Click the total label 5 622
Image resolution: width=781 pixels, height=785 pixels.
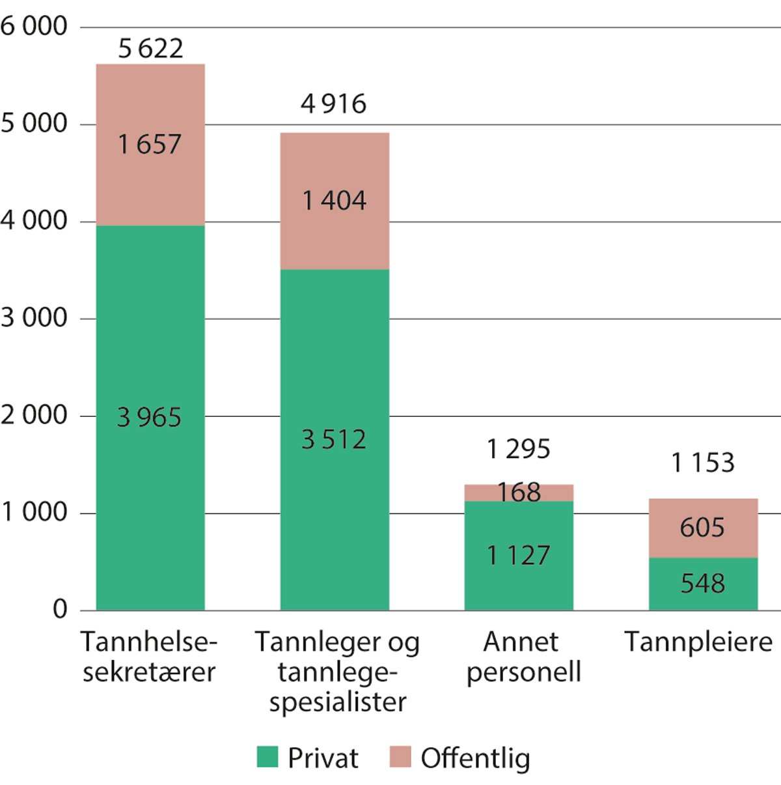(x=150, y=49)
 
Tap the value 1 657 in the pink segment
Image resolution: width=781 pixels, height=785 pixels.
(x=150, y=144)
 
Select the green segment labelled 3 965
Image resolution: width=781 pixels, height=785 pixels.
(x=150, y=417)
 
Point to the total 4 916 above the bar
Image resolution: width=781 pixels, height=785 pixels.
(x=333, y=104)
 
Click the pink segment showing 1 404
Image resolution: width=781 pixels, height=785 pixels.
(x=334, y=200)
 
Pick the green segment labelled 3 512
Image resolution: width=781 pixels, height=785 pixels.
(x=334, y=440)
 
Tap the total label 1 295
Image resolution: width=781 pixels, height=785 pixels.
(x=518, y=449)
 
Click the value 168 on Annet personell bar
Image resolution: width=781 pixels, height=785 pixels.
(x=519, y=492)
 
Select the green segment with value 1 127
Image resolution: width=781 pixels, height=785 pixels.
(x=519, y=555)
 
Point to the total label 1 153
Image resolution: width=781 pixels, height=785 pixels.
(x=702, y=463)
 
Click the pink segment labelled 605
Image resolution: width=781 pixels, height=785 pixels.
(x=702, y=527)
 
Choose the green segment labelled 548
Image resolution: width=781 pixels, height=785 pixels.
(x=702, y=583)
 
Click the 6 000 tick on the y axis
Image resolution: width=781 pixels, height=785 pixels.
(x=34, y=27)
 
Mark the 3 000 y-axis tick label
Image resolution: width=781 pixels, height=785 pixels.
(x=34, y=318)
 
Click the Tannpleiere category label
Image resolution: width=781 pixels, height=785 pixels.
(x=698, y=642)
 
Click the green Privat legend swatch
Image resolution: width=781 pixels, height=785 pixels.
(x=267, y=757)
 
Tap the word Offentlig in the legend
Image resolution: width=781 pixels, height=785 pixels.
(x=475, y=758)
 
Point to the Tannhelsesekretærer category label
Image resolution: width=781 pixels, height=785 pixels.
(x=149, y=657)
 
